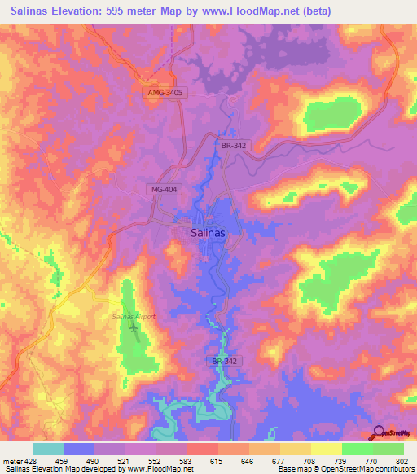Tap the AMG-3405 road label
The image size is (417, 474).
point(165,94)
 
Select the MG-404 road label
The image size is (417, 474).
point(165,189)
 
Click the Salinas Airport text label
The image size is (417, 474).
point(134,317)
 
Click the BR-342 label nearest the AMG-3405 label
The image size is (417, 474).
point(233,145)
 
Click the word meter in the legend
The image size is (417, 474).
point(11,460)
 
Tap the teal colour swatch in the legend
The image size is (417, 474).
point(48,449)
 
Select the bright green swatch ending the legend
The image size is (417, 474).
point(388,449)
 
